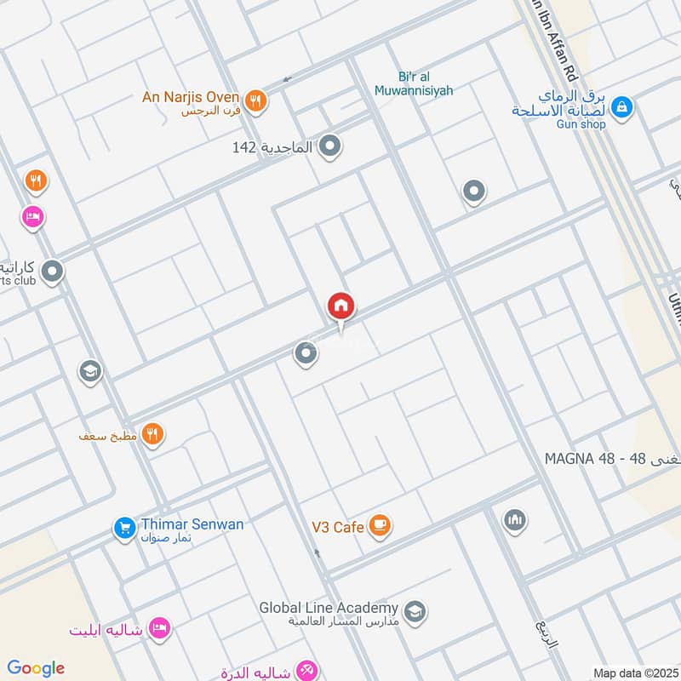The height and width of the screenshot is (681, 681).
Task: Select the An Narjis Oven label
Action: click(x=191, y=98)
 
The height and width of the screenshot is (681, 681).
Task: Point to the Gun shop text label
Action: click(x=581, y=124)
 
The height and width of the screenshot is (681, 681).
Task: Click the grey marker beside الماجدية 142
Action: click(x=330, y=147)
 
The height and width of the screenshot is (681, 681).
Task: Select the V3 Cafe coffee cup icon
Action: click(x=381, y=526)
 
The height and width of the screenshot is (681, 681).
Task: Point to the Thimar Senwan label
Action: click(x=192, y=524)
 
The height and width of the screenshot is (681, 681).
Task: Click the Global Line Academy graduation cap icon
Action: click(x=415, y=610)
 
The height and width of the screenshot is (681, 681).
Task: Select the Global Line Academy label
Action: click(x=329, y=608)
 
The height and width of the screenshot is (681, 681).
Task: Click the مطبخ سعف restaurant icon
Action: click(x=153, y=435)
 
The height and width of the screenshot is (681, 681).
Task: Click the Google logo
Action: click(x=36, y=668)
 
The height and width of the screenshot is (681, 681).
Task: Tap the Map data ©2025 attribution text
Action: click(x=634, y=673)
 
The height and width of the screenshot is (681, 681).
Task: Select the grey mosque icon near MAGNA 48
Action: click(x=514, y=519)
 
